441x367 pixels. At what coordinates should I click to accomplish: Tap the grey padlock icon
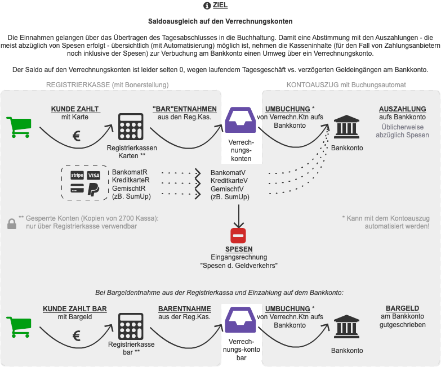[11, 223]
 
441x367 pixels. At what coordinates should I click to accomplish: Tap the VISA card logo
[93, 176]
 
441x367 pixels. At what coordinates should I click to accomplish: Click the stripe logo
[77, 176]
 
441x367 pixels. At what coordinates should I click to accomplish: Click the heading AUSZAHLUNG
[402, 109]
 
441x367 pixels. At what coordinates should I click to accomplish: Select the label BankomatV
[228, 172]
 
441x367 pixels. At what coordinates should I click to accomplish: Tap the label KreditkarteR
[131, 180]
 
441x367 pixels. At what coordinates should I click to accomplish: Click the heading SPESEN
[239, 249]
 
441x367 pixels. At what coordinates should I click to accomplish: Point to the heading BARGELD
[402, 308]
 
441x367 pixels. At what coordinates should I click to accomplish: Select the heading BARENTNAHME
[184, 309]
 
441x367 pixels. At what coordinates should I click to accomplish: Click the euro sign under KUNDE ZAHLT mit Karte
[77, 136]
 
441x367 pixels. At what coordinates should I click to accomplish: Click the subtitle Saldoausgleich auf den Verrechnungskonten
[220, 21]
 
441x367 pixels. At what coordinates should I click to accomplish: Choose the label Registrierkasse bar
[131, 348]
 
